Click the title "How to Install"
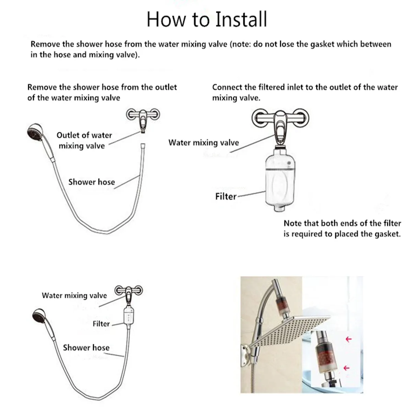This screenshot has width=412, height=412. coord(207,20)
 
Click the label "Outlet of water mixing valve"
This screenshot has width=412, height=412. coord(84,140)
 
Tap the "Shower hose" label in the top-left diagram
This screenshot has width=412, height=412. coord(92,182)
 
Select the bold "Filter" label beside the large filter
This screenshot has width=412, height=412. coord(226,196)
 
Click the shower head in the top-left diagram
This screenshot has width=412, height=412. coord(35,133)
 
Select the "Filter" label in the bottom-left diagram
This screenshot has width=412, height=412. coord(101,324)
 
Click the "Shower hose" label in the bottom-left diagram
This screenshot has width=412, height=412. coord(86,348)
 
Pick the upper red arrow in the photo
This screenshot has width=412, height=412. coord(349,339)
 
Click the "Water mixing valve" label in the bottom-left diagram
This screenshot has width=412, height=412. coord(74,296)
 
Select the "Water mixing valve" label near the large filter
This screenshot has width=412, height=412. coord(204,142)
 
